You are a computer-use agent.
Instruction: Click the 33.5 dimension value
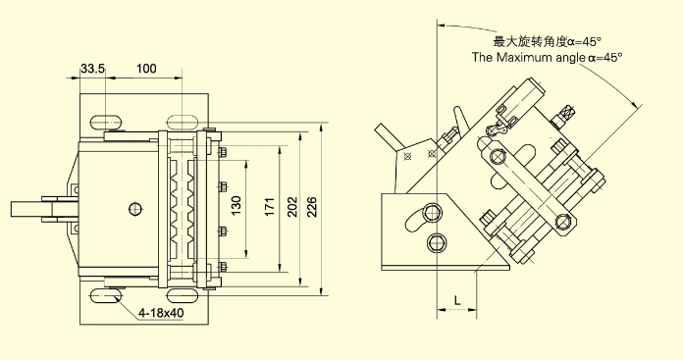pyautogui.click(x=92, y=69)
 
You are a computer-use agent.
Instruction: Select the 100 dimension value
pyautogui.click(x=146, y=69)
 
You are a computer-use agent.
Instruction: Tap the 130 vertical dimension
pyautogui.click(x=236, y=205)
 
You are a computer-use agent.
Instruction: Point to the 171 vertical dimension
pyautogui.click(x=270, y=207)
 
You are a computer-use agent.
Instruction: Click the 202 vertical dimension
pyautogui.click(x=292, y=207)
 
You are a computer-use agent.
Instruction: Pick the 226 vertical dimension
pyautogui.click(x=312, y=207)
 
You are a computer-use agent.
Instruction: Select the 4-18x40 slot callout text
pyautogui.click(x=161, y=313)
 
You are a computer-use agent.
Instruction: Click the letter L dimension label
pyautogui.click(x=457, y=300)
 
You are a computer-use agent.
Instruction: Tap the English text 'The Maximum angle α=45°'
pyautogui.click(x=548, y=58)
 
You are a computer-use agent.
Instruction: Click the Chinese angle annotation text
pyautogui.click(x=548, y=42)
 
